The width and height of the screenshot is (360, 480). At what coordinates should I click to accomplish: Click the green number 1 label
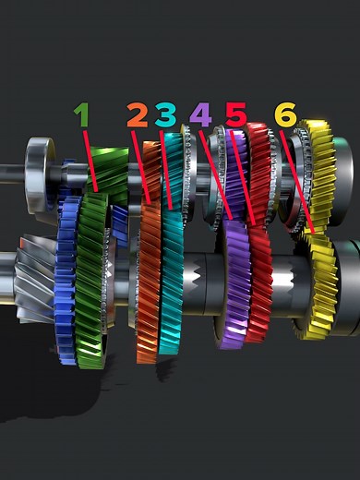pos(82,114)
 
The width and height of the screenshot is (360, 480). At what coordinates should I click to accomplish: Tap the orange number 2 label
pos(137,115)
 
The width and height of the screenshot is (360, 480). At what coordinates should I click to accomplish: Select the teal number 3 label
pos(165,115)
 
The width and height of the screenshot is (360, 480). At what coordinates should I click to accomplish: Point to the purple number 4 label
pos(200,115)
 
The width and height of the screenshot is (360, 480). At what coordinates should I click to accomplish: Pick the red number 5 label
pos(235,115)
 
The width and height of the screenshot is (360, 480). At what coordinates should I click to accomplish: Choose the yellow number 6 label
pos(285,115)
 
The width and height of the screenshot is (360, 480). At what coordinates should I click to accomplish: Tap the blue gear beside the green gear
pos(65,277)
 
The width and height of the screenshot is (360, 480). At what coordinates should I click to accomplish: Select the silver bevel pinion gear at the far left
pos(32,277)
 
